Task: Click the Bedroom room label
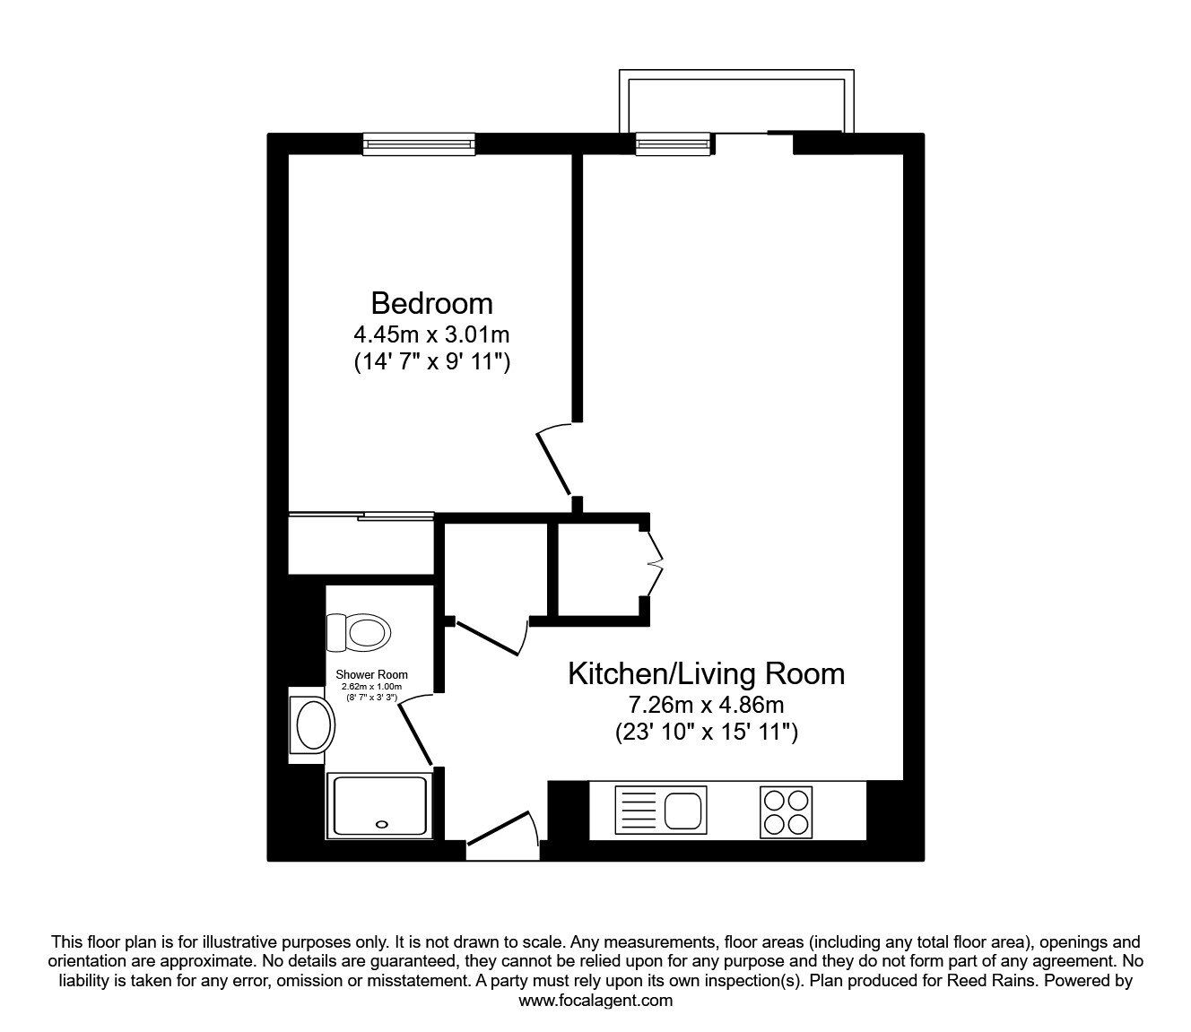click(x=431, y=302)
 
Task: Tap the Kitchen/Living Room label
click(x=706, y=672)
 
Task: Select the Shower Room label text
click(x=371, y=674)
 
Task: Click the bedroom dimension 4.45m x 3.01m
click(x=431, y=335)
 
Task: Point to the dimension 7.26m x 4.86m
click(x=706, y=705)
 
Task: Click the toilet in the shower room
click(x=359, y=632)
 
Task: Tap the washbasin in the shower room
click(x=312, y=724)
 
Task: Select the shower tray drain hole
click(x=383, y=824)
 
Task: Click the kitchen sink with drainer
click(x=661, y=811)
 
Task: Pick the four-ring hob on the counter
click(x=786, y=811)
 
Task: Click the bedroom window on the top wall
click(x=419, y=143)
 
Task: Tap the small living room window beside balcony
click(x=673, y=143)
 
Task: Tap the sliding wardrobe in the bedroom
click(x=361, y=543)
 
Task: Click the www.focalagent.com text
click(x=595, y=1001)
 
